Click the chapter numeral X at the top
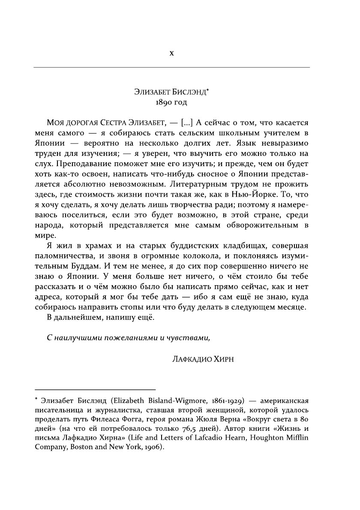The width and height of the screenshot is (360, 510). [171, 54]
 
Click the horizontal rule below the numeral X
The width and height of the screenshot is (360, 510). [171, 67]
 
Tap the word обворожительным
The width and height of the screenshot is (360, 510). [265, 225]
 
